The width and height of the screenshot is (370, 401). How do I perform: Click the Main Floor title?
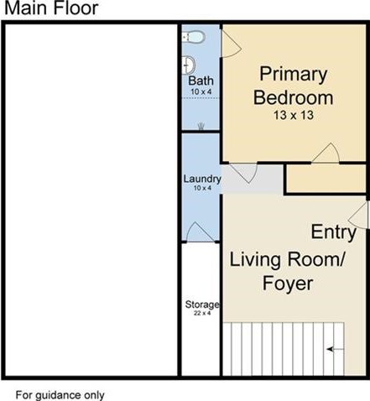51,8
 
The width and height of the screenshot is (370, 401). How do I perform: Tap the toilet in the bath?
194,37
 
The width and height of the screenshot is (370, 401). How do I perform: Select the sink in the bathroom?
188,65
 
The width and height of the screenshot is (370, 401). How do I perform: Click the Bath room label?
201,81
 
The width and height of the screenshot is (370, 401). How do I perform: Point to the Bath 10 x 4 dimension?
201,91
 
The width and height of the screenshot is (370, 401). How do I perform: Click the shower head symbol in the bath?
201,127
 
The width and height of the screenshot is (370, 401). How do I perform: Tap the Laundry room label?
202,179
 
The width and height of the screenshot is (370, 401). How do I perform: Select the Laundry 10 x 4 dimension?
202,188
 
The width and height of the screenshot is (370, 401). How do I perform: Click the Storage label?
202,305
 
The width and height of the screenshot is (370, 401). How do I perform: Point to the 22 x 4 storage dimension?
202,313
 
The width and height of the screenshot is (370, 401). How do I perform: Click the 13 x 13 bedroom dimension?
294,115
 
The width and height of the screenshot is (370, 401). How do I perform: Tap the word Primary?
294,75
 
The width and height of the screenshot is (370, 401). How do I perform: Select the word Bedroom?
294,97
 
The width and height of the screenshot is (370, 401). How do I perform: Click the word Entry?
334,232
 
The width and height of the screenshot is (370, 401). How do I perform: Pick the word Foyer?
288,284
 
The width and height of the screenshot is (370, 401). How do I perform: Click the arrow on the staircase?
336,349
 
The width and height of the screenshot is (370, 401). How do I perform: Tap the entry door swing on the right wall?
357,215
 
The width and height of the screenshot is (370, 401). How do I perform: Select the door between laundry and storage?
200,232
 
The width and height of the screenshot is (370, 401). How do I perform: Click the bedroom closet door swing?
326,153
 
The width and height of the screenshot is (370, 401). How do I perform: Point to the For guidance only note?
60,395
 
